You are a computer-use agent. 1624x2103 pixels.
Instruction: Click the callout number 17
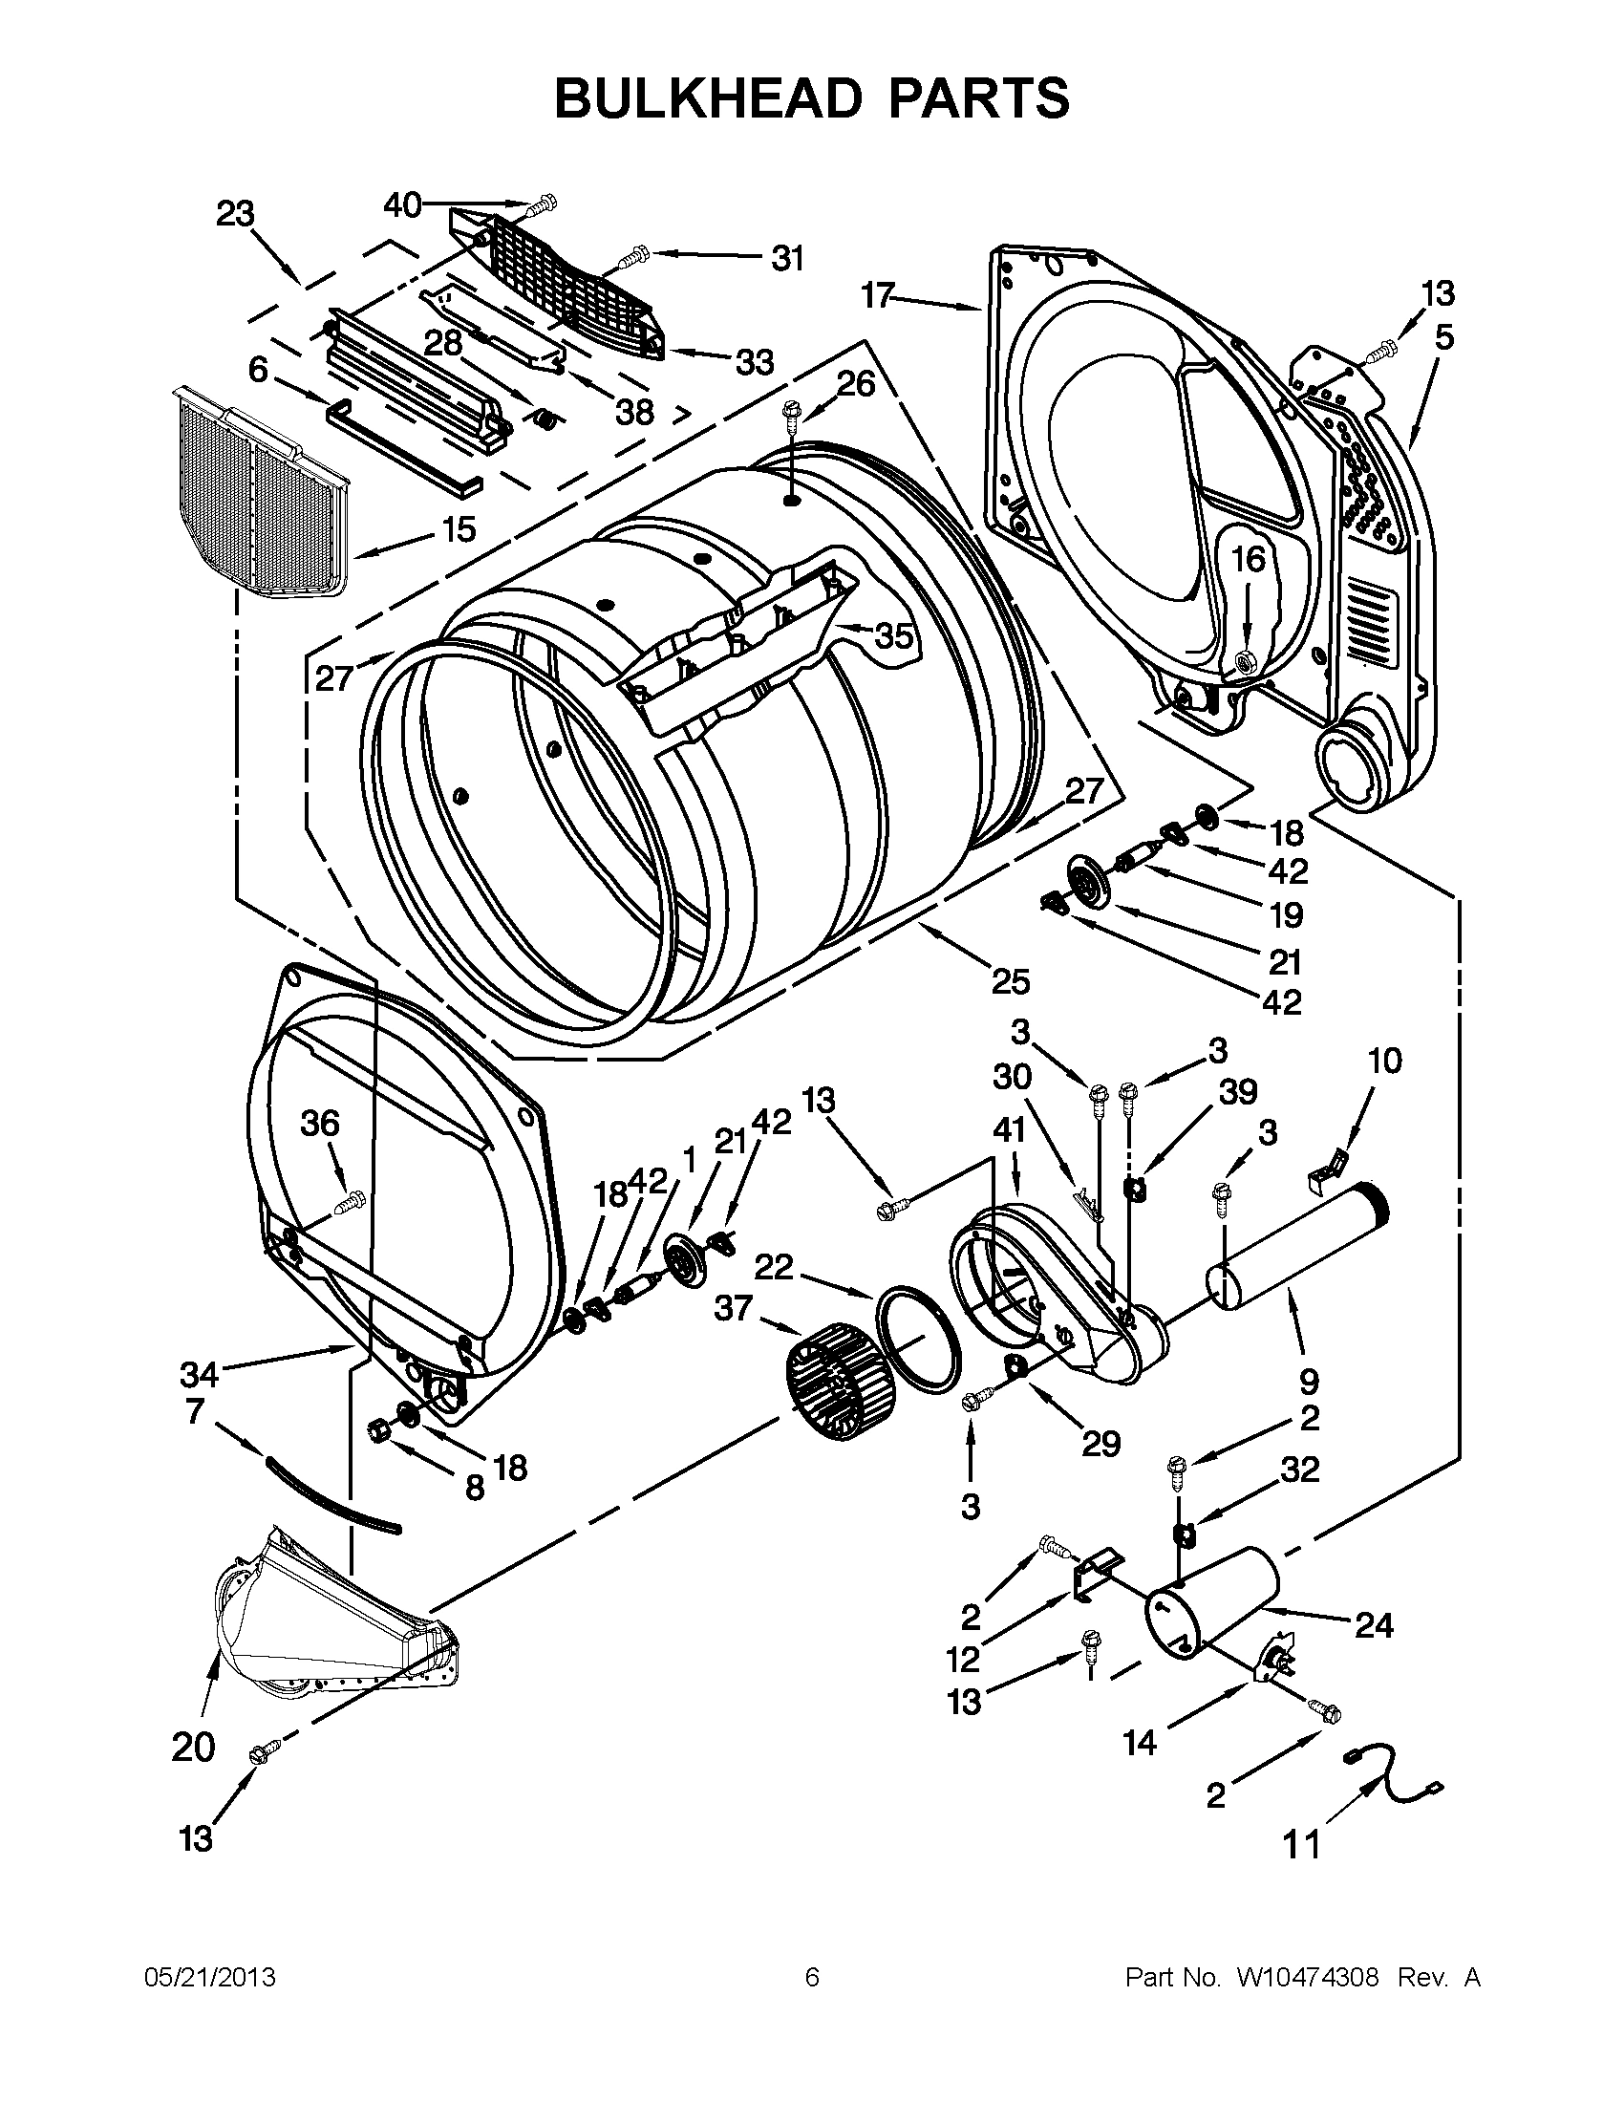[x=878, y=295]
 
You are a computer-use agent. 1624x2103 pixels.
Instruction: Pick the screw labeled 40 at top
[x=544, y=204]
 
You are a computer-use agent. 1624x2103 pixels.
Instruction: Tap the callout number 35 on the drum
[x=893, y=636]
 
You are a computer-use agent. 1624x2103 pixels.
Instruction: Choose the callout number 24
[x=1374, y=1625]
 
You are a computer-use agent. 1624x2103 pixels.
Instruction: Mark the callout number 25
[x=1011, y=981]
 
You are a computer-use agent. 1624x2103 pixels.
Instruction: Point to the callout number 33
[x=755, y=363]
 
